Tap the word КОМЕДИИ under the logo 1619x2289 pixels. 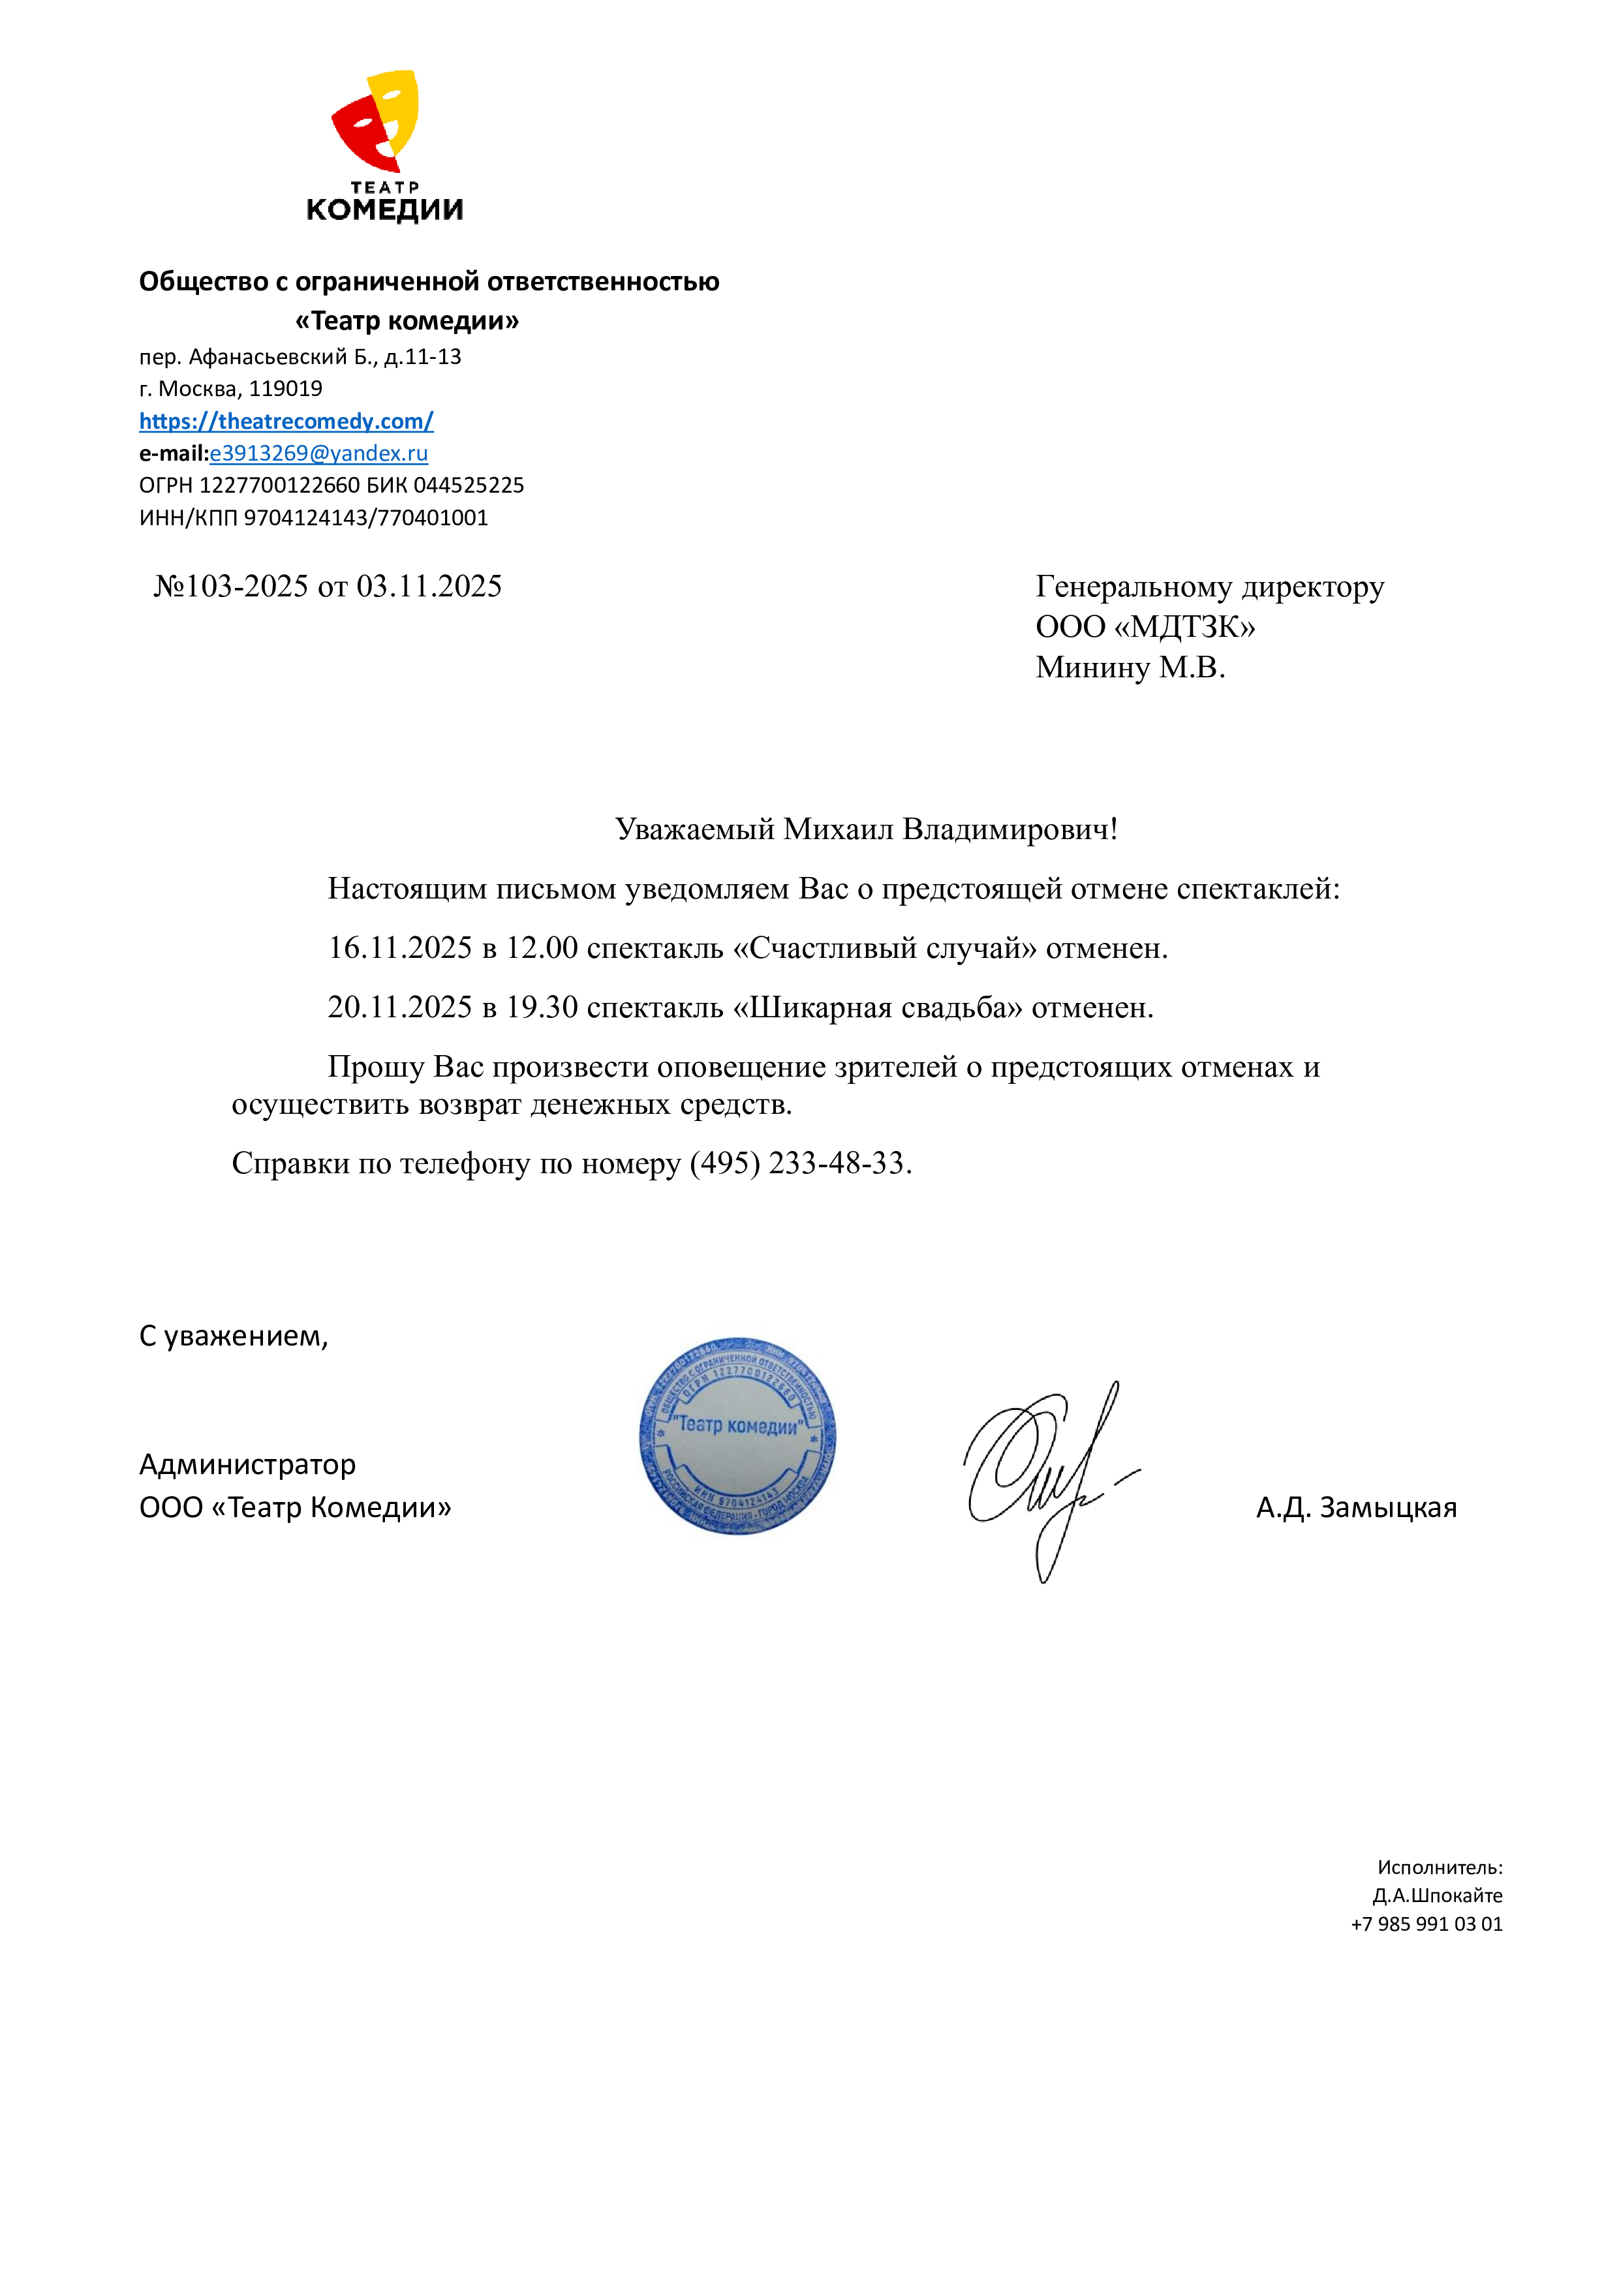coord(385,210)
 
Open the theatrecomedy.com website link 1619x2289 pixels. coord(286,421)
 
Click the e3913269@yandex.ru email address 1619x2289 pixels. coord(319,453)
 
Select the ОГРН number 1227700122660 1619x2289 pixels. coord(279,485)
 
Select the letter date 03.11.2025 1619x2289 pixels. coord(429,586)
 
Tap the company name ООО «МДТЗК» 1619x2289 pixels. coord(1145,626)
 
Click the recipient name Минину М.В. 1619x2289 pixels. coord(1130,667)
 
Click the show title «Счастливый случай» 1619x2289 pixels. coord(884,948)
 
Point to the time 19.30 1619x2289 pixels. coord(542,1008)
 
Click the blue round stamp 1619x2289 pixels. coord(738,1437)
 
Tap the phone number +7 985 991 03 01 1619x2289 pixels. coord(1426,1924)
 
